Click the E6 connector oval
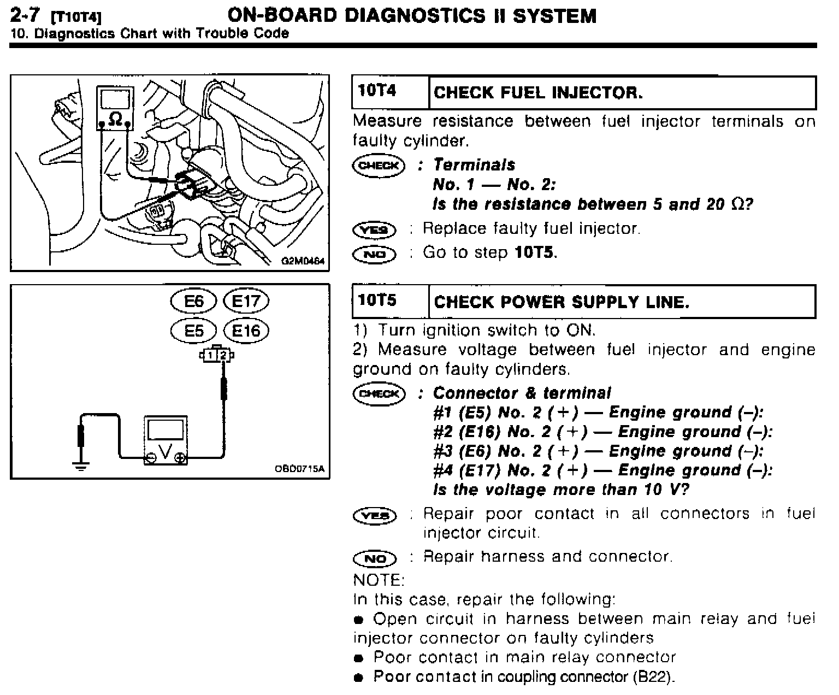(x=194, y=301)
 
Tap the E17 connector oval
(x=246, y=301)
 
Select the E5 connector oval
(x=194, y=331)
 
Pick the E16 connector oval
(x=246, y=331)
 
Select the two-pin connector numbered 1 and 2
(x=217, y=355)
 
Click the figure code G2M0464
(x=303, y=262)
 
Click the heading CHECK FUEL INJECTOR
(x=538, y=92)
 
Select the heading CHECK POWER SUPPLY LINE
(x=561, y=302)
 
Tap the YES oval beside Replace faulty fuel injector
(x=375, y=229)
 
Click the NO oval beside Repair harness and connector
(x=375, y=558)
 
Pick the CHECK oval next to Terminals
(x=379, y=165)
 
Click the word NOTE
(x=379, y=579)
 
